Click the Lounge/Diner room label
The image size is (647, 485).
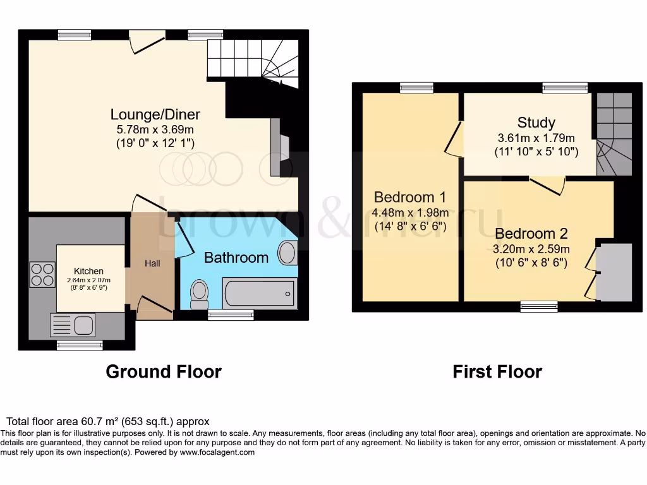coord(155,114)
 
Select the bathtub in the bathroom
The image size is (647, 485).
coord(260,293)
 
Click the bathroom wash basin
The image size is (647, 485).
coord(287,253)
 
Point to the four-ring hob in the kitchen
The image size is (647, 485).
coord(42,274)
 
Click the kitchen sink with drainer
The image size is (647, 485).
coord(72,325)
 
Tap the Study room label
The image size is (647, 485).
coord(536,123)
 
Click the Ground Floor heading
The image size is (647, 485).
coord(164,371)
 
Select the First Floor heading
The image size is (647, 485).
coord(497,371)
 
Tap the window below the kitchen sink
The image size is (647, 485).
coord(79,345)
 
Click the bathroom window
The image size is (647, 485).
coord(231,314)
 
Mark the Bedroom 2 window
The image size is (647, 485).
coord(538,306)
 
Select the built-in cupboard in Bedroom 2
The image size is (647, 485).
coord(614,272)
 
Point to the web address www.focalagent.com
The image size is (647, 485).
coord(217,452)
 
